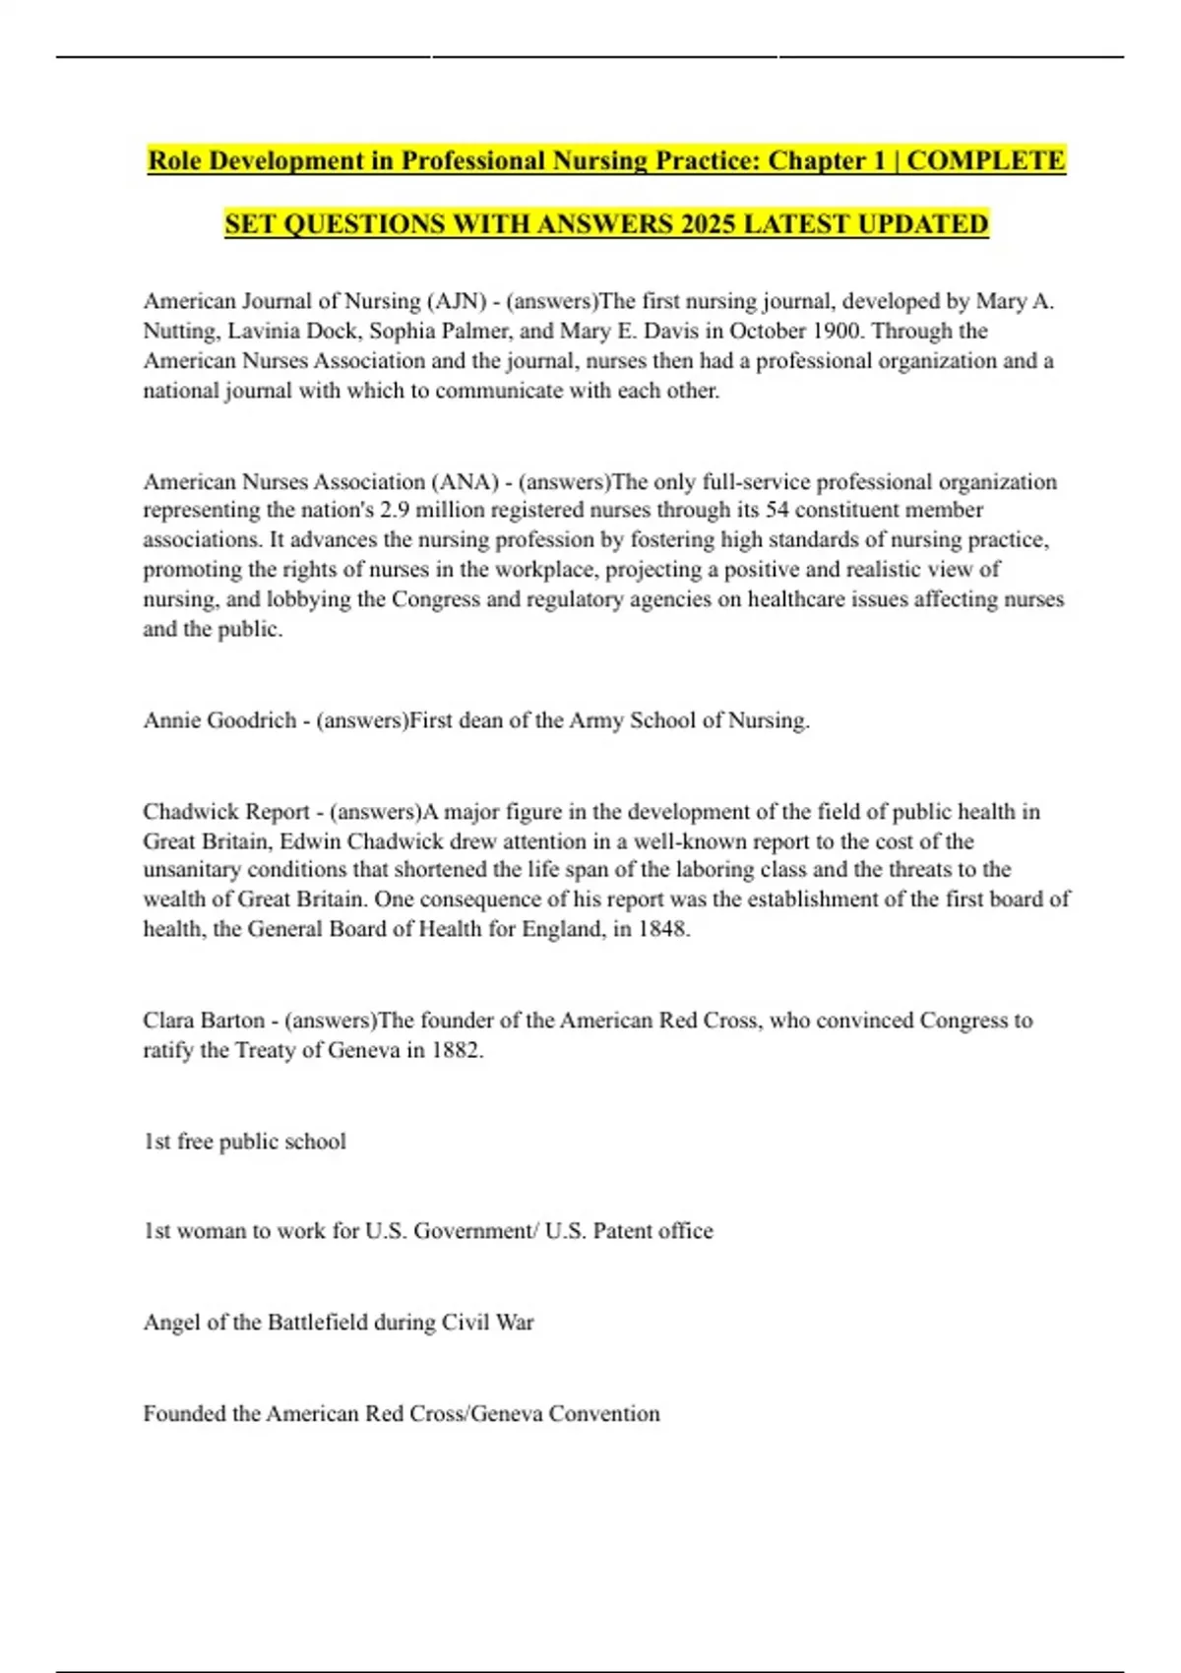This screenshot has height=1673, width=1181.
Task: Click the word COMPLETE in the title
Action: click(985, 160)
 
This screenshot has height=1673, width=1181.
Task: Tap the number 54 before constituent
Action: click(777, 510)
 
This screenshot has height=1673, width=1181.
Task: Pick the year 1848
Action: click(661, 929)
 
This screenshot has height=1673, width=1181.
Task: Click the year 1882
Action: click(456, 1050)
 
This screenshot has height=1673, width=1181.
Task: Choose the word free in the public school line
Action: click(195, 1142)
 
